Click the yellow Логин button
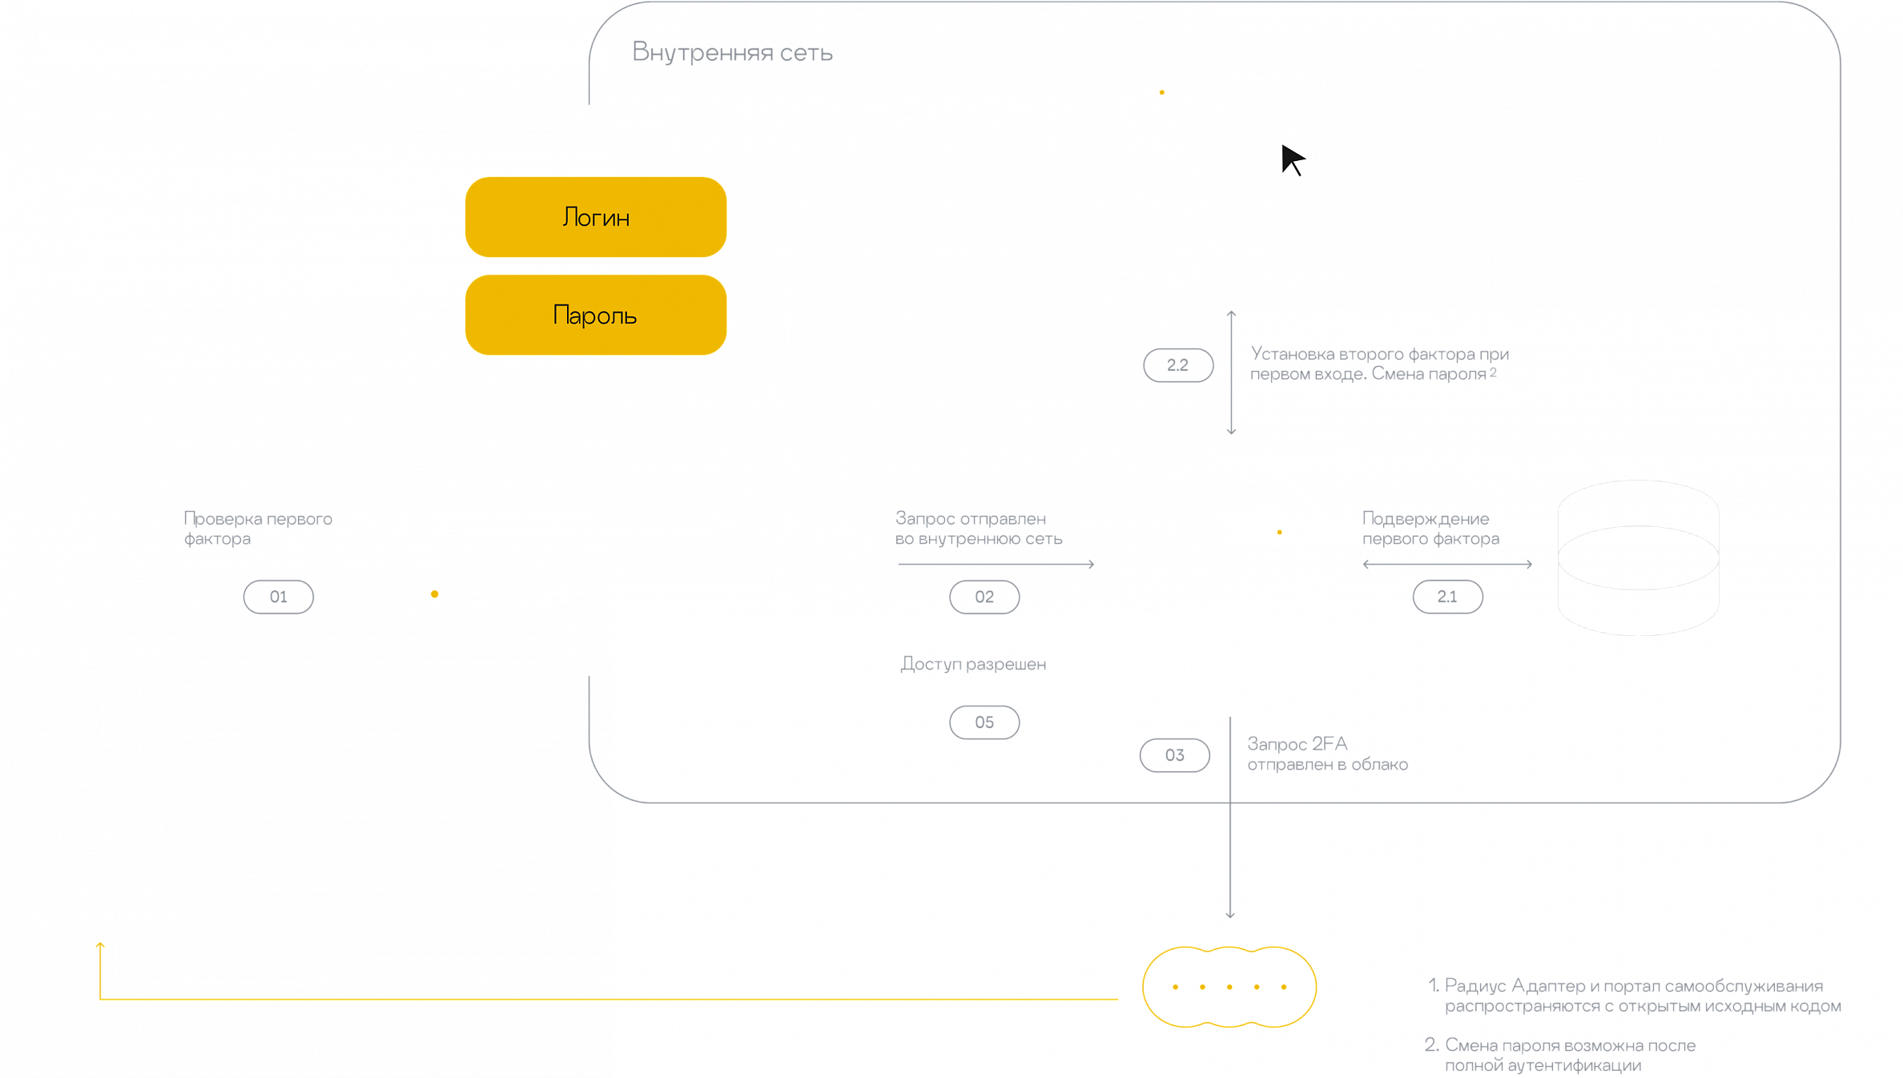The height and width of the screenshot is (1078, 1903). point(595,217)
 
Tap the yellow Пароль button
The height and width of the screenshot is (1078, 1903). point(595,315)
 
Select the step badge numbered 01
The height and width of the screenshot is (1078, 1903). point(278,597)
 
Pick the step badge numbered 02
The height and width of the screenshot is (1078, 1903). point(984,597)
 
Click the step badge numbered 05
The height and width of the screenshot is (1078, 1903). point(984,722)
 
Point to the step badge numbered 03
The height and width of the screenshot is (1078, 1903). point(1174,755)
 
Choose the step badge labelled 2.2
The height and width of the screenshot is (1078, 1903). point(1177,365)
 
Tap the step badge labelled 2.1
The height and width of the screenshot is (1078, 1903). point(1446,597)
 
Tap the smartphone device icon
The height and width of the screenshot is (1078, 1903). point(103,798)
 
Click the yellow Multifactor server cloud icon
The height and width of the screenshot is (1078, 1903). point(1229,987)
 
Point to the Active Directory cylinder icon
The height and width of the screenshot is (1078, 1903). point(1638,557)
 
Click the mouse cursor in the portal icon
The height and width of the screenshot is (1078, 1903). point(1293,159)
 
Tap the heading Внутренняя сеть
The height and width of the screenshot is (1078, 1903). point(732,53)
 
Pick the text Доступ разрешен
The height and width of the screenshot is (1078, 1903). point(973,664)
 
